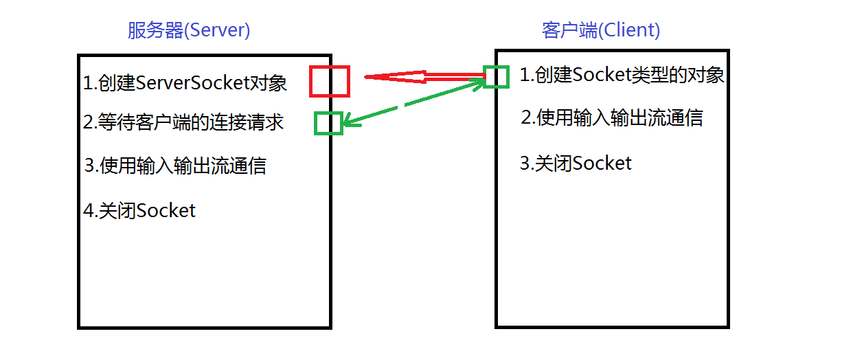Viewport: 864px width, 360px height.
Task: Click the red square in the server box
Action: coord(330,81)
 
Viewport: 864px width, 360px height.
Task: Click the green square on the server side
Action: coord(328,124)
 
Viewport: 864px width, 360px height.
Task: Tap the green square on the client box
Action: coord(496,77)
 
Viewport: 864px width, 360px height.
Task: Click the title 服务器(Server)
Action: coord(189,31)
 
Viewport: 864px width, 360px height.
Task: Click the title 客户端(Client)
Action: coord(601,31)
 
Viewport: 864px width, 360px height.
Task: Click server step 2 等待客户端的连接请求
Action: coord(183,123)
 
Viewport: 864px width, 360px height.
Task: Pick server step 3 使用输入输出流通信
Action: coord(176,166)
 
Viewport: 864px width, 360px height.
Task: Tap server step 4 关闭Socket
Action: coord(139,210)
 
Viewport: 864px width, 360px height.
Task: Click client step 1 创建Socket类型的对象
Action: coord(622,74)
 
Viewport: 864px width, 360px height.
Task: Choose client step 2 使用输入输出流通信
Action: coord(612,117)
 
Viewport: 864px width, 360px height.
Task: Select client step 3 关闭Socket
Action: coord(576,164)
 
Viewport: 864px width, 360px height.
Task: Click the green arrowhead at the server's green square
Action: coord(347,123)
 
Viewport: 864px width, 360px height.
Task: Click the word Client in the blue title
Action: coord(628,31)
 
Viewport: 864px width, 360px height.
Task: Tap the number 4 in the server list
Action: coord(88,211)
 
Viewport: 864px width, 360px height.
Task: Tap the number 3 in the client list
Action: coord(525,164)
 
